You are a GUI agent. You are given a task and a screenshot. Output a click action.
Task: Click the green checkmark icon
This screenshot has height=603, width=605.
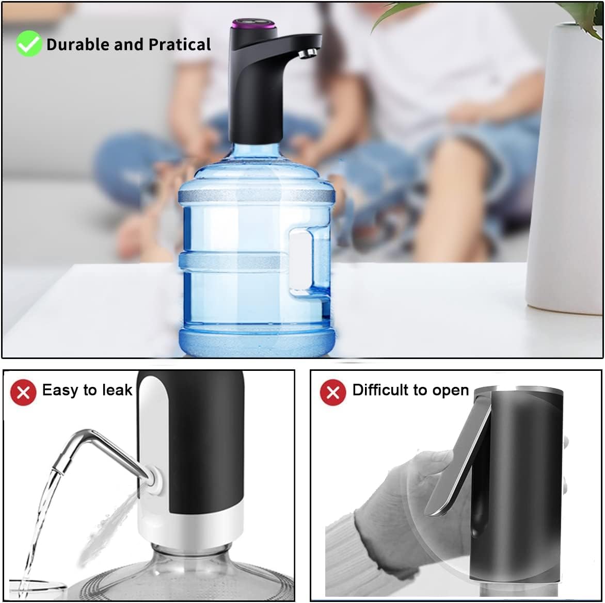[28, 44]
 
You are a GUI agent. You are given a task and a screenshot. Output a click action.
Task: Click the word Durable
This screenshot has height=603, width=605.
[78, 45]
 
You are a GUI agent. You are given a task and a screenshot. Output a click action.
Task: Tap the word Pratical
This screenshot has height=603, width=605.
[180, 45]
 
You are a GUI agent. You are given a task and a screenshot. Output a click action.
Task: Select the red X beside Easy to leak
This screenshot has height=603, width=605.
[23, 393]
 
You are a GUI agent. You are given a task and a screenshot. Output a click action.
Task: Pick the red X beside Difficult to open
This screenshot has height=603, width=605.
[333, 393]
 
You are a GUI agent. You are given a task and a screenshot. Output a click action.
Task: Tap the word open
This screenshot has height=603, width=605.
[451, 391]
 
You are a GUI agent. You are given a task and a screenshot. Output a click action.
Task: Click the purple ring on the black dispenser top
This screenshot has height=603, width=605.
[252, 24]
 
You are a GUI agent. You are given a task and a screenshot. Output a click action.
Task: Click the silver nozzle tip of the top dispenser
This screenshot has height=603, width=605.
[309, 53]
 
